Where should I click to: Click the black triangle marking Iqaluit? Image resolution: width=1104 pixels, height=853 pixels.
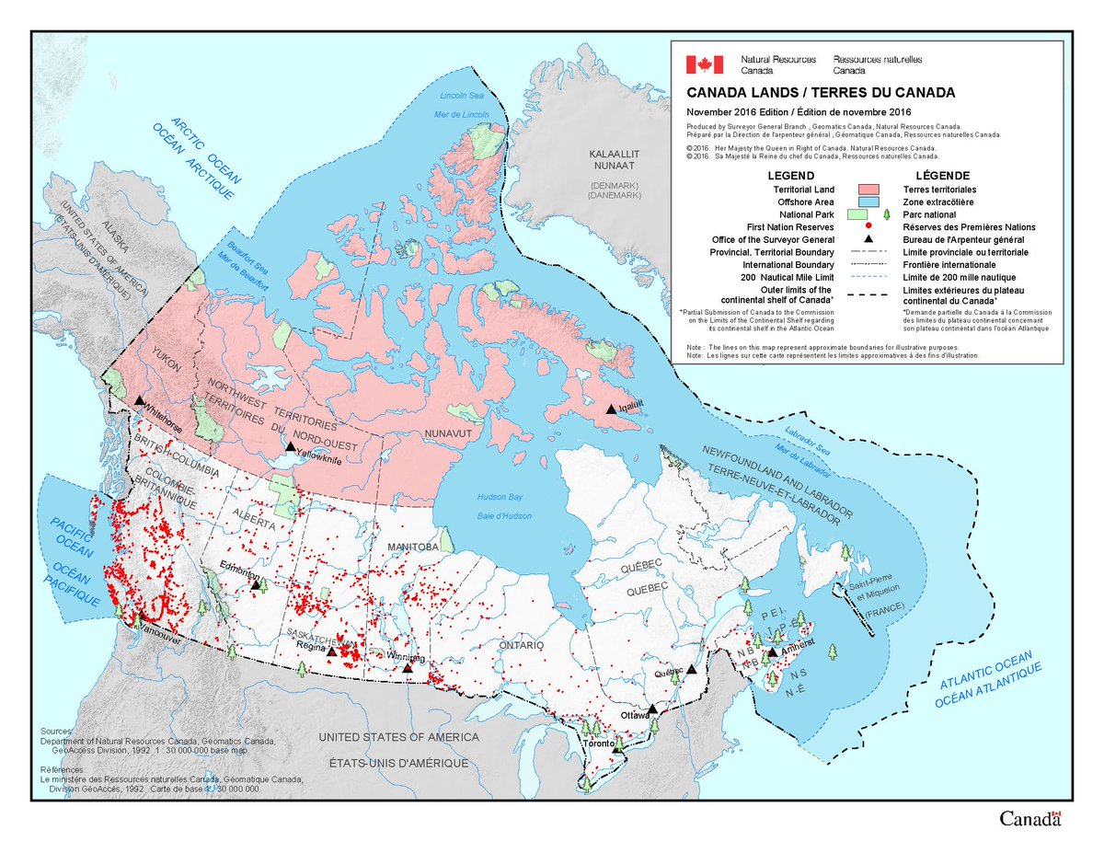pyautogui.click(x=610, y=408)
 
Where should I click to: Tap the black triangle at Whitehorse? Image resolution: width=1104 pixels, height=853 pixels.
pyautogui.click(x=138, y=400)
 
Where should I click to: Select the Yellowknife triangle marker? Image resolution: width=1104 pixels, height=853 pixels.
pyautogui.click(x=291, y=446)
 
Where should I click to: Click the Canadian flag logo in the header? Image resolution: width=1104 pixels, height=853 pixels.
pyautogui.click(x=704, y=64)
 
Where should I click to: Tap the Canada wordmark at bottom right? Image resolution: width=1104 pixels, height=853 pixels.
pyautogui.click(x=1030, y=819)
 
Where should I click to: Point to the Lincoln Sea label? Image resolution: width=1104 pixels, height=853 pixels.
pyautogui.click(x=461, y=96)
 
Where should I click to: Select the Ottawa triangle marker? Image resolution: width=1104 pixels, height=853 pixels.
pyautogui.click(x=651, y=709)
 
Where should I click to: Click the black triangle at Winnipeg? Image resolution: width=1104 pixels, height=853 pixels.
pyautogui.click(x=408, y=667)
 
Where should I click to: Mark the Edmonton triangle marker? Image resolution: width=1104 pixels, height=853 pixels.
pyautogui.click(x=256, y=583)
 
